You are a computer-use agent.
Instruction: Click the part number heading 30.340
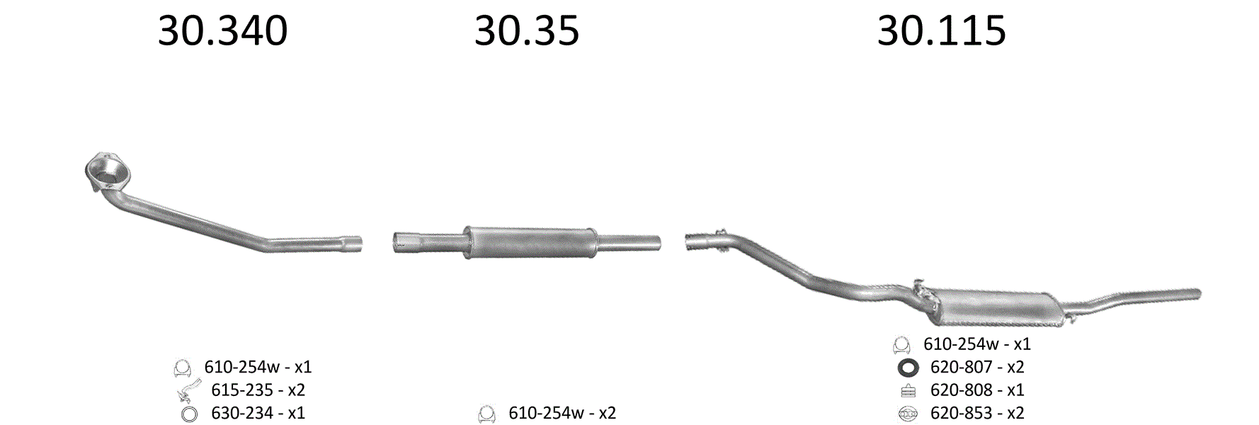tap(222, 31)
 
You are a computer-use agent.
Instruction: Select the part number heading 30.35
tap(527, 31)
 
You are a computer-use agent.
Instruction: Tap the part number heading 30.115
tap(941, 31)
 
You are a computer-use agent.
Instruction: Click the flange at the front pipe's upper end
tap(108, 171)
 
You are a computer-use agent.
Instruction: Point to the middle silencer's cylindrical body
tap(529, 242)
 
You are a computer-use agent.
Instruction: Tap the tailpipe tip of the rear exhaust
tap(1197, 293)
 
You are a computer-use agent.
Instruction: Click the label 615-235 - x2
tap(258, 390)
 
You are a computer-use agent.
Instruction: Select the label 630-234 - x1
tap(258, 413)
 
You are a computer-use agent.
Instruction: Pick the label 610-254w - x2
tap(562, 413)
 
